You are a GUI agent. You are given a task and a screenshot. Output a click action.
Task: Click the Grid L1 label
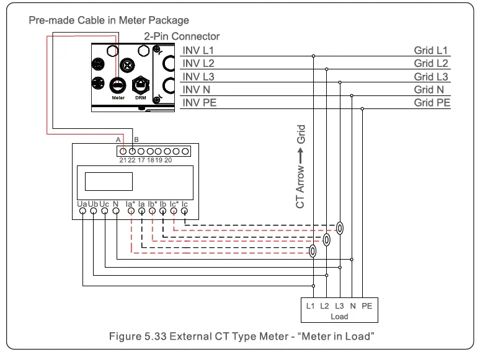point(431,50)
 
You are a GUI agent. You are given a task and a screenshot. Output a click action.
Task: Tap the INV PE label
point(200,102)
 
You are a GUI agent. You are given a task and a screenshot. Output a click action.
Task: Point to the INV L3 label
point(198,76)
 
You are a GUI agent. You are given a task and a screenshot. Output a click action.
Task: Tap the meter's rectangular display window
point(109,181)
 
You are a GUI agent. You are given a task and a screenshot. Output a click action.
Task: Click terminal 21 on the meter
point(123,151)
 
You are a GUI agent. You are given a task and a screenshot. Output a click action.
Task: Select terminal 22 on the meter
point(131,151)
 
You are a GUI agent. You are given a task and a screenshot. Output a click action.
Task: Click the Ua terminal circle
point(82,211)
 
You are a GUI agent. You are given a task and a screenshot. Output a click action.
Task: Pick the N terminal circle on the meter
point(116,211)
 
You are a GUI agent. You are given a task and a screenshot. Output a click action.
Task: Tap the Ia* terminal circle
point(131,211)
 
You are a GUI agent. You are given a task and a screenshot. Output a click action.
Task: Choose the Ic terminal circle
point(184,211)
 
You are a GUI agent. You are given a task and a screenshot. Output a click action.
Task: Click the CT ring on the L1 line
point(313,251)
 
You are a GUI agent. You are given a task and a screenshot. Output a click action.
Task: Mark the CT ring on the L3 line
point(339,227)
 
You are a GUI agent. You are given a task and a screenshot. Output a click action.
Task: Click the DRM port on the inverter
point(141,84)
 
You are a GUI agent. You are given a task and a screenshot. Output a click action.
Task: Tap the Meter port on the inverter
point(118,84)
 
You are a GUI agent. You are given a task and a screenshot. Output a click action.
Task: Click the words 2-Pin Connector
point(182,37)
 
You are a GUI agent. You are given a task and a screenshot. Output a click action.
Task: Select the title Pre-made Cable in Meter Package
point(109,20)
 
